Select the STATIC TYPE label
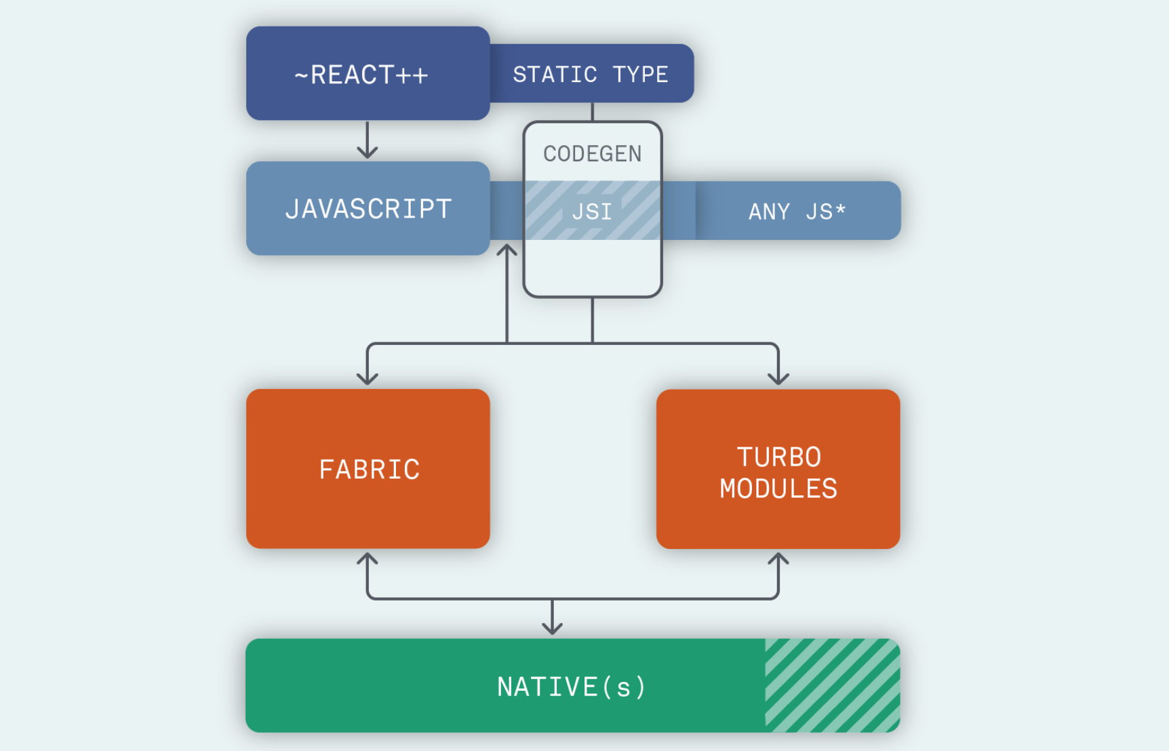pyautogui.click(x=591, y=74)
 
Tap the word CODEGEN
pyautogui.click(x=592, y=154)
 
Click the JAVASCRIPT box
pyautogui.click(x=368, y=209)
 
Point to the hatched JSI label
pyautogui.click(x=592, y=211)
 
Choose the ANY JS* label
pyautogui.click(x=797, y=211)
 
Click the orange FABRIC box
pyautogui.click(x=368, y=469)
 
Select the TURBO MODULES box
pyautogui.click(x=778, y=469)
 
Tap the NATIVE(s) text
pyautogui.click(x=572, y=687)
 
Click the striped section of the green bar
pyautogui.click(x=832, y=685)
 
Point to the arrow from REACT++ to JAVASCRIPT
pyautogui.click(x=368, y=141)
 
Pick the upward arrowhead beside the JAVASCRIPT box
pyautogui.click(x=507, y=250)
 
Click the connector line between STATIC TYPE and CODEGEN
pyautogui.click(x=593, y=112)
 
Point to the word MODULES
pyautogui.click(x=778, y=489)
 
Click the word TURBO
pyautogui.click(x=779, y=457)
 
